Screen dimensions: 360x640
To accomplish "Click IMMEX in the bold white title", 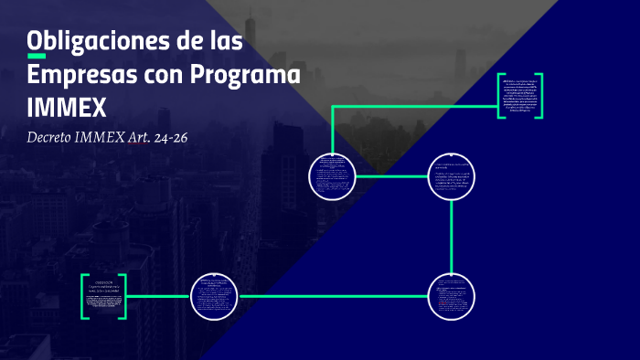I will (x=68, y=107).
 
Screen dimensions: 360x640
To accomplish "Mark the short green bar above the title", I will (x=37, y=57).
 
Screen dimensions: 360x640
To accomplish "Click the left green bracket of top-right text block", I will (x=501, y=94).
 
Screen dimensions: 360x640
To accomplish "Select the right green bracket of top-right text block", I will (x=540, y=94).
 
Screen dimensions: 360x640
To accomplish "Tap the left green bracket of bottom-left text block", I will (x=85, y=296).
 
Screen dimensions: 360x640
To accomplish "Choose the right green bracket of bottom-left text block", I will (x=123, y=296).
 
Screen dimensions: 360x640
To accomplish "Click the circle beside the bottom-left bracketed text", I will (x=214, y=296).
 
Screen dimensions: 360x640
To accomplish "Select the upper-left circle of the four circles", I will (x=331, y=175).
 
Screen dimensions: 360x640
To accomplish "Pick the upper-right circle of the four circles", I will (x=452, y=175).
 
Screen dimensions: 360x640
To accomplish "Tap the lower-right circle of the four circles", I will (x=452, y=296).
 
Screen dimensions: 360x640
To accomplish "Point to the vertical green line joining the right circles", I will (x=452, y=236).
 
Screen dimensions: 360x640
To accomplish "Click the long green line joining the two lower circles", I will (x=333, y=296).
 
